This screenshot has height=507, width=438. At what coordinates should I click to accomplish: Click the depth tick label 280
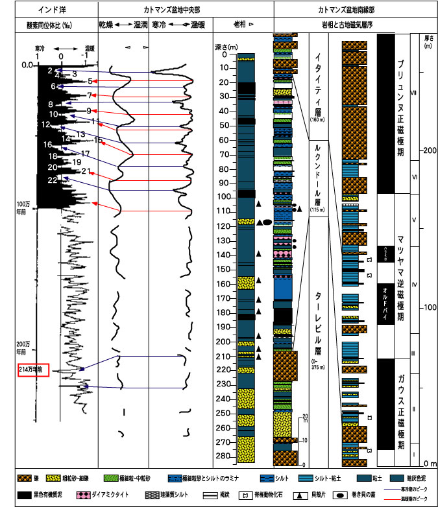pyautogui.click(x=223, y=456)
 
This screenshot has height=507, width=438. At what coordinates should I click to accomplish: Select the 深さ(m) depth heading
pyautogui.click(x=226, y=47)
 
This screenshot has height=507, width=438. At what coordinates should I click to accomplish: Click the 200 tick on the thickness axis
pyautogui.click(x=425, y=151)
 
